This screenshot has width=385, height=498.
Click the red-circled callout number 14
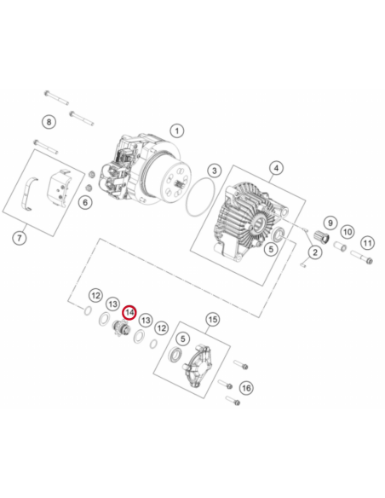click(x=129, y=313)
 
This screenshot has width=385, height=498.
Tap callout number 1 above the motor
click(x=177, y=130)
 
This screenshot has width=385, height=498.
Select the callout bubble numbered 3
click(x=215, y=171)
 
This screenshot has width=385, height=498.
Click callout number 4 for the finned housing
click(x=276, y=168)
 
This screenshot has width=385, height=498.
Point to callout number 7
click(x=20, y=238)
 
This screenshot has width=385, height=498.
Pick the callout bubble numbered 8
click(x=49, y=122)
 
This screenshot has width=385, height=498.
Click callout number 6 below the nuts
click(x=85, y=202)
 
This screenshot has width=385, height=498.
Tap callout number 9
click(x=330, y=223)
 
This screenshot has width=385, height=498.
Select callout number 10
click(x=348, y=232)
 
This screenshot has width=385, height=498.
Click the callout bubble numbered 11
click(x=368, y=243)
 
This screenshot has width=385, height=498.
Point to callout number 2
click(x=315, y=252)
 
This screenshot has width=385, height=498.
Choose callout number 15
click(x=212, y=319)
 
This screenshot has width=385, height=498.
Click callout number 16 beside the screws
click(x=246, y=388)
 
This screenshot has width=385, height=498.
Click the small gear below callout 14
click(x=120, y=329)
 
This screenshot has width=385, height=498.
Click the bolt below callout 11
click(x=361, y=258)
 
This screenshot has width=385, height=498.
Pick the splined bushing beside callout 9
click(x=321, y=237)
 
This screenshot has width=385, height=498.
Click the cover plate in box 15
click(x=198, y=365)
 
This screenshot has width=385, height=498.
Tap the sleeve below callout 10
click(x=340, y=246)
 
